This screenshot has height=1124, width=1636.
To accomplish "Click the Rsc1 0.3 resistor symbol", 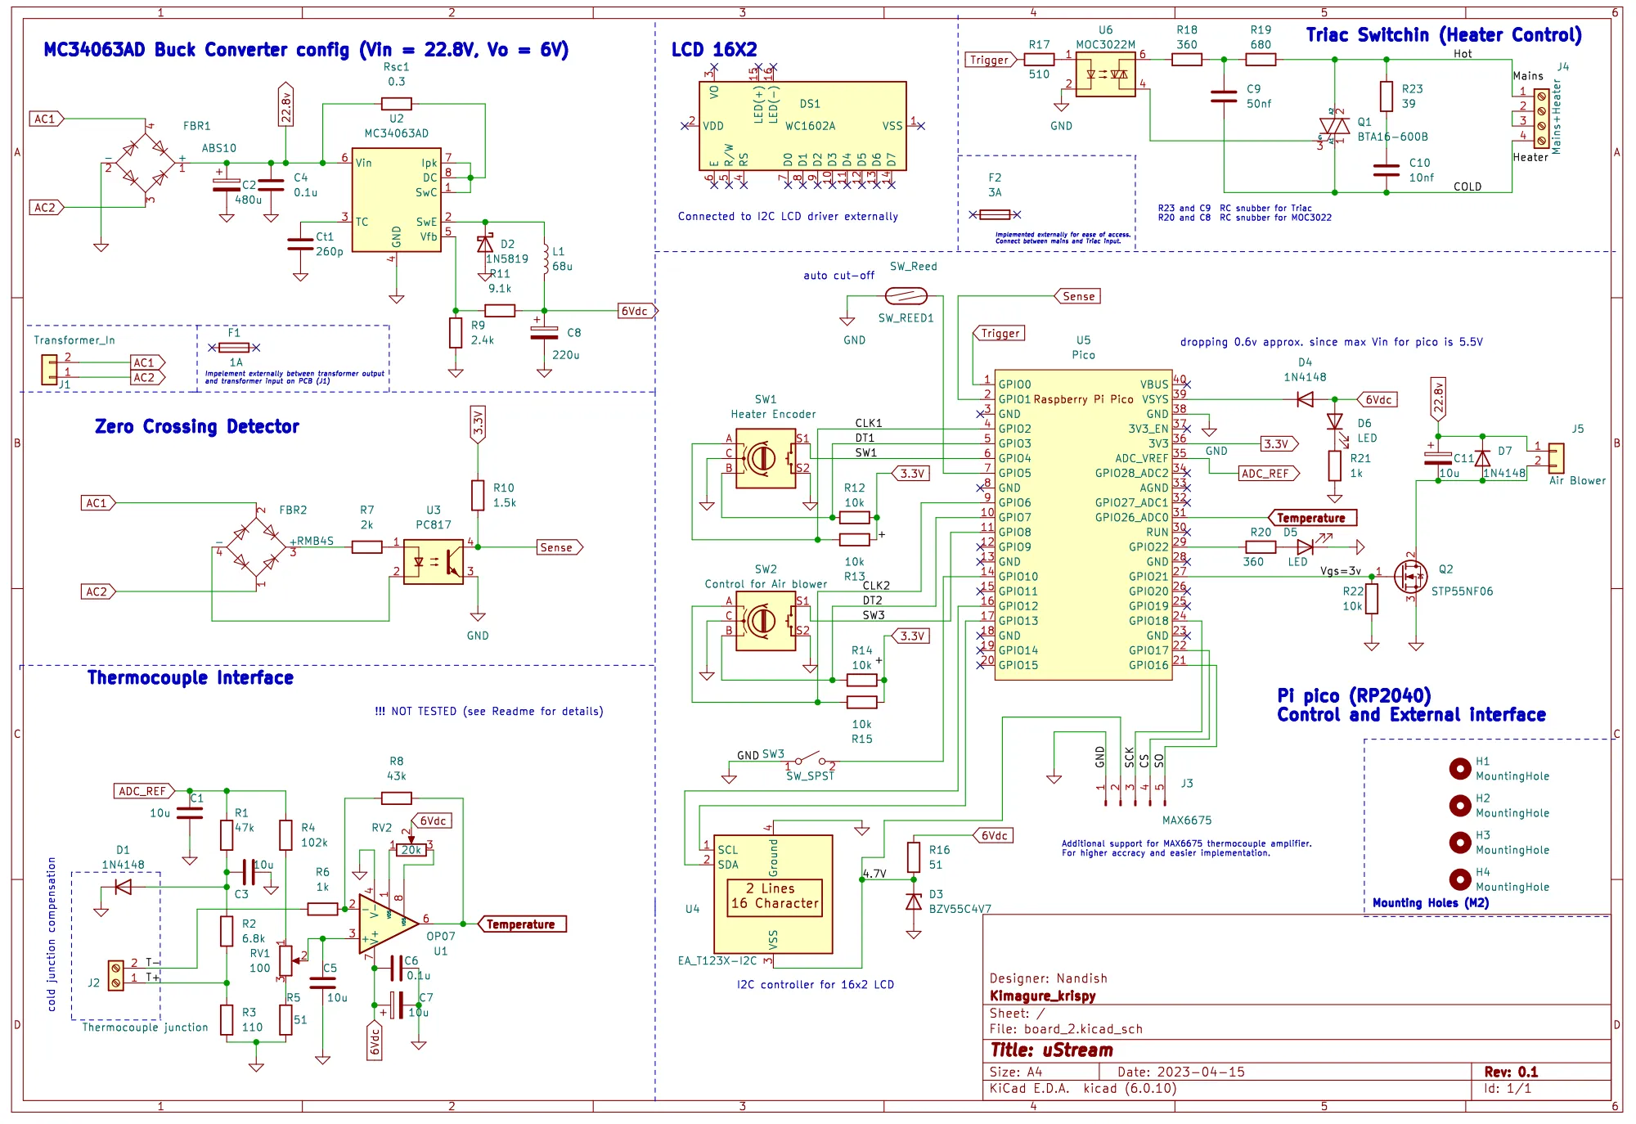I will coord(396,104).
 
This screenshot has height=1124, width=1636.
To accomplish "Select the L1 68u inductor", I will coord(545,258).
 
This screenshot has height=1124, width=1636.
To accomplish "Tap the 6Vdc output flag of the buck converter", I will coord(636,311).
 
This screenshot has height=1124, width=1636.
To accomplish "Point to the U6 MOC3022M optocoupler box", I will coord(1105,74).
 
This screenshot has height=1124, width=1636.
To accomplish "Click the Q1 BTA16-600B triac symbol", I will coord(1334,126).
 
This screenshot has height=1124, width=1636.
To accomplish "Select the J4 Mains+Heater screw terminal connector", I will coord(1541,119).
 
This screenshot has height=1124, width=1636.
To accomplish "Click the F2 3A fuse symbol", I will coord(995,214).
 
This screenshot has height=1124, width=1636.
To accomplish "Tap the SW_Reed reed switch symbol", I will coord(906,296).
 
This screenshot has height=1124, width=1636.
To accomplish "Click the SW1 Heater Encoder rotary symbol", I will coord(766,459).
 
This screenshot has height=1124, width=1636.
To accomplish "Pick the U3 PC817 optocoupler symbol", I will coord(434,563).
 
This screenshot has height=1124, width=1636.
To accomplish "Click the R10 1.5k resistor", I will coord(478,495).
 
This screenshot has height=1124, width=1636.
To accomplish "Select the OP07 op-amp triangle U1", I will coord(387,924).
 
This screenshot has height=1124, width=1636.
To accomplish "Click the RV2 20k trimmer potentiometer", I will coord(411,850).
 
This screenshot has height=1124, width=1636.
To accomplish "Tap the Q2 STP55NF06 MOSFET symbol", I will coord(1410,577).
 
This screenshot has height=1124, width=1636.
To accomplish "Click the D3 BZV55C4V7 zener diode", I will coord(914,901).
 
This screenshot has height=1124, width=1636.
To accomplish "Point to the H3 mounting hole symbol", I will coord(1459,843).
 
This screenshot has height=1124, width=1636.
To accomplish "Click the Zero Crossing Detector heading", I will coord(197,426).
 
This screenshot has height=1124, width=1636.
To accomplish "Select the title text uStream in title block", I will coord(1052,1050).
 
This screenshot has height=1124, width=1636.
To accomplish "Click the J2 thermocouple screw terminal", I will coord(116,975).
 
